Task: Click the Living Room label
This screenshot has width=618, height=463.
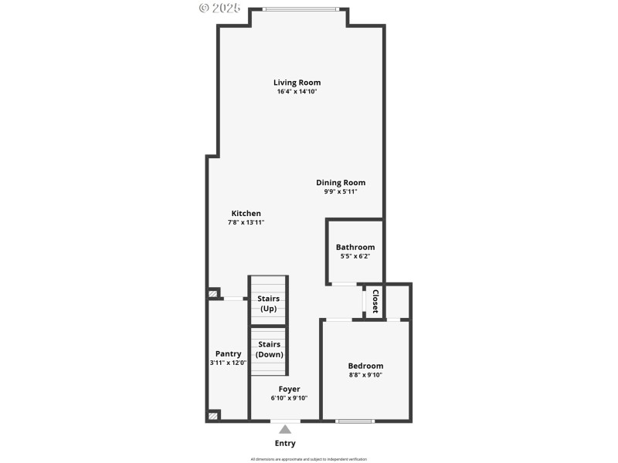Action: (x=297, y=83)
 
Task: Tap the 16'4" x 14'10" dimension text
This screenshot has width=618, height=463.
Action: (x=297, y=92)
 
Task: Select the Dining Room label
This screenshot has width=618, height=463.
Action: (x=341, y=183)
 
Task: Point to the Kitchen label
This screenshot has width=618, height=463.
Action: (x=246, y=214)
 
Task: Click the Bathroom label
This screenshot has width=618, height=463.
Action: (x=355, y=248)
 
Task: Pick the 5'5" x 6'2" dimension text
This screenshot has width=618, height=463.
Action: (x=355, y=256)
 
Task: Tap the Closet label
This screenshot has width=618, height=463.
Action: (x=375, y=301)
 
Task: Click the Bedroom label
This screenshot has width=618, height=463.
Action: (x=365, y=366)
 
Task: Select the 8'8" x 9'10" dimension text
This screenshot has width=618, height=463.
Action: (x=365, y=375)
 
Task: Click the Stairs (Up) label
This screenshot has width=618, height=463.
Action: (x=268, y=303)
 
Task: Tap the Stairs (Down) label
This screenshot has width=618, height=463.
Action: (x=269, y=349)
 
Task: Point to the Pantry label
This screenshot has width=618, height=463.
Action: (x=228, y=353)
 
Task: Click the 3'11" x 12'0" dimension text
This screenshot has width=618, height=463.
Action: (x=228, y=363)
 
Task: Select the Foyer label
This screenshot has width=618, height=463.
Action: (x=290, y=389)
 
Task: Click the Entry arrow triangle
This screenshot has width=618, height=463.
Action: (x=285, y=429)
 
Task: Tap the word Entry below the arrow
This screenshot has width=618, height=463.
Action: (x=285, y=444)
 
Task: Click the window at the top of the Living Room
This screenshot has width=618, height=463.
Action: (x=300, y=9)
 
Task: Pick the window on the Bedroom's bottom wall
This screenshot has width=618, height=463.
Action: (x=355, y=421)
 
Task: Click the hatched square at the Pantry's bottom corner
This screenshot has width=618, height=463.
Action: (x=213, y=415)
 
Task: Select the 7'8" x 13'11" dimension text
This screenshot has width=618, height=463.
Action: (x=246, y=222)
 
